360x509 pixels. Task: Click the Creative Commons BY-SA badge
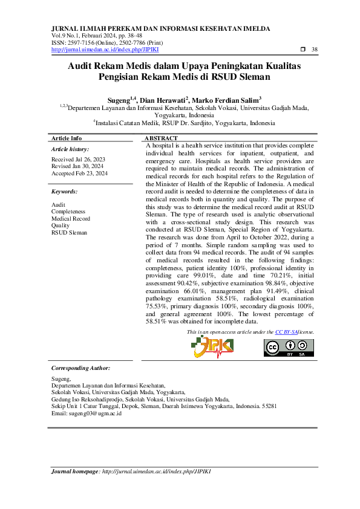pyautogui.click(x=289, y=348)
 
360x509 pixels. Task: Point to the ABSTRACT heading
pyautogui.click(x=161, y=138)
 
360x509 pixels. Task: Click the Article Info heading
pyautogui.click(x=67, y=138)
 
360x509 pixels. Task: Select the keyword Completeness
pyautogui.click(x=67, y=212)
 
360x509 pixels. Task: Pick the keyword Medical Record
pyautogui.click(x=71, y=218)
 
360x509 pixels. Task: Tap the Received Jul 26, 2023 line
pyautogui.click(x=77, y=159)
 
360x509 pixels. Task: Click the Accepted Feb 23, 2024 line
pyautogui.click(x=79, y=173)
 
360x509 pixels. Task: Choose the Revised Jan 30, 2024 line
pyautogui.click(x=77, y=166)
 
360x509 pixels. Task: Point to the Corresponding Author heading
pyautogui.click(x=80, y=368)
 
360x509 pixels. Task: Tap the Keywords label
pyautogui.click(x=64, y=191)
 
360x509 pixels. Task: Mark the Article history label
pyautogui.click(x=70, y=149)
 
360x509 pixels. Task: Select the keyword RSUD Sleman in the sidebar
pyautogui.click(x=69, y=232)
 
